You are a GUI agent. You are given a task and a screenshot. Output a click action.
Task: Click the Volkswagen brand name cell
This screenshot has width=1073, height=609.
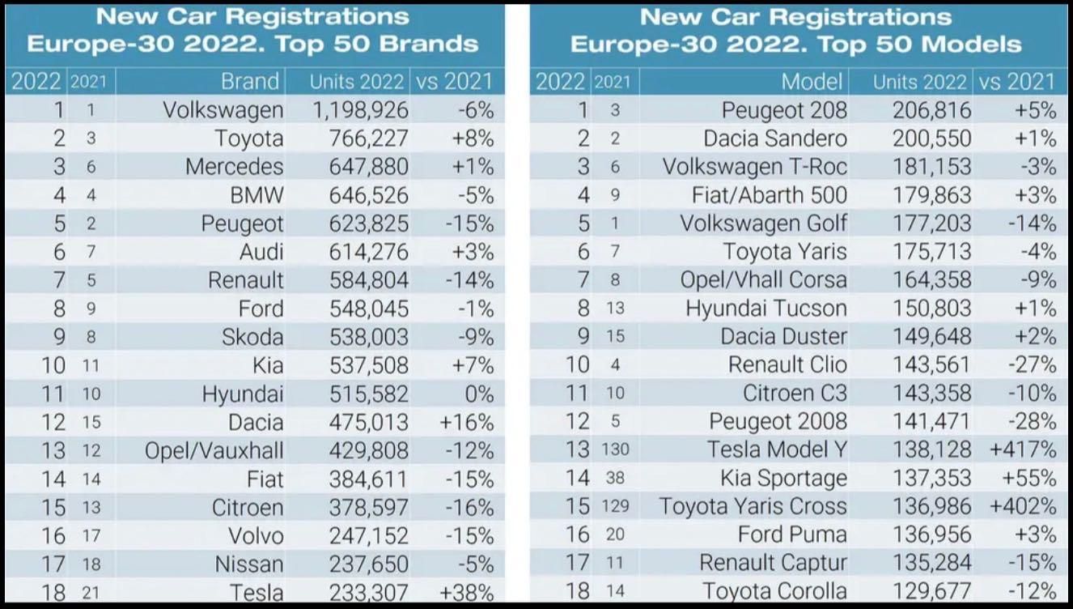(x=223, y=110)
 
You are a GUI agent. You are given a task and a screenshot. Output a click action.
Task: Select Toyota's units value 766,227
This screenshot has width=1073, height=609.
(x=368, y=138)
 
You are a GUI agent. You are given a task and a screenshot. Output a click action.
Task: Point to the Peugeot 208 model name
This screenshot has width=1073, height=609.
(x=784, y=110)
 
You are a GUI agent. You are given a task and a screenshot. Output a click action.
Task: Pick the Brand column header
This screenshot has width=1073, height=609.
(x=250, y=82)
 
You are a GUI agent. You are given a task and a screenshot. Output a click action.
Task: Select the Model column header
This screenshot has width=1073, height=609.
(x=812, y=82)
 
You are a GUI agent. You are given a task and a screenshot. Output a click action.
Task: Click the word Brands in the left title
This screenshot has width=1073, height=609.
(x=429, y=44)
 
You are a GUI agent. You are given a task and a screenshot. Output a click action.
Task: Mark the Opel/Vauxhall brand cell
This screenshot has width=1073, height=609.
(x=214, y=450)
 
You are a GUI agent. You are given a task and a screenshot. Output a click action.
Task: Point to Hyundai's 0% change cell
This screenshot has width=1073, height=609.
(x=478, y=394)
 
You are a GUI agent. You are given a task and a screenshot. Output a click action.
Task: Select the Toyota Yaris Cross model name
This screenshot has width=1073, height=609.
(x=753, y=507)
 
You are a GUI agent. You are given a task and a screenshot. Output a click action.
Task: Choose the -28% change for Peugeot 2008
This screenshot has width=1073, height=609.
(x=1031, y=422)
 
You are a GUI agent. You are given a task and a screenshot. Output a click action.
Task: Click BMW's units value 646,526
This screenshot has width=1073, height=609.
(x=368, y=195)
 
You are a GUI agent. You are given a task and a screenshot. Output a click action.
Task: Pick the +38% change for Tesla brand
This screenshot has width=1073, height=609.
(x=466, y=592)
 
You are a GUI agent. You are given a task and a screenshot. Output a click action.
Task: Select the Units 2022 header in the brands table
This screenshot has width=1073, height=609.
(x=356, y=82)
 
